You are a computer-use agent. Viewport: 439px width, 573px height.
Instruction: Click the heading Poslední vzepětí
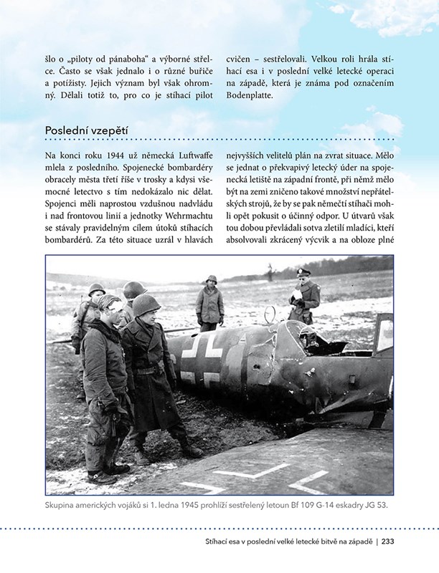tap(86, 130)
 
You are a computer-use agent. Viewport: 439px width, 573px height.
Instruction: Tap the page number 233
tap(388, 541)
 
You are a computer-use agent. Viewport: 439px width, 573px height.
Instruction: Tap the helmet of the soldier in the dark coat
tap(146, 304)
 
